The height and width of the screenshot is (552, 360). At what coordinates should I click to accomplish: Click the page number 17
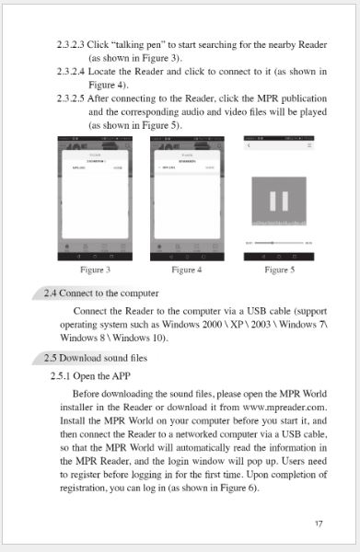(x=318, y=523)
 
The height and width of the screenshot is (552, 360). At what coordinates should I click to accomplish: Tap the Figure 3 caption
(x=96, y=270)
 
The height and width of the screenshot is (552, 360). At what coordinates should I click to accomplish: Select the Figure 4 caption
(x=187, y=270)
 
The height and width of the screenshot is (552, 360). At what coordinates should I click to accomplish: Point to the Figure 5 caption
(x=279, y=270)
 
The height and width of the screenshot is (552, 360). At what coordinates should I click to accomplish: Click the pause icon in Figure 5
(x=279, y=201)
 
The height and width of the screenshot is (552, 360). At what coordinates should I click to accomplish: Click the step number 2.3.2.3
(x=70, y=44)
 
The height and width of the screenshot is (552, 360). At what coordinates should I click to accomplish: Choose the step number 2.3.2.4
(x=70, y=70)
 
